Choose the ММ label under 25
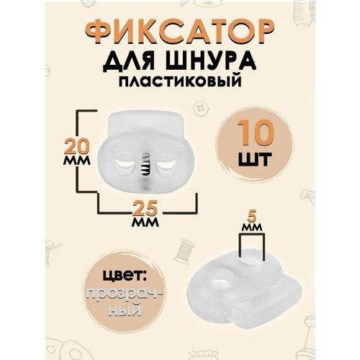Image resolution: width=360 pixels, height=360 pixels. click(x=146, y=223)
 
